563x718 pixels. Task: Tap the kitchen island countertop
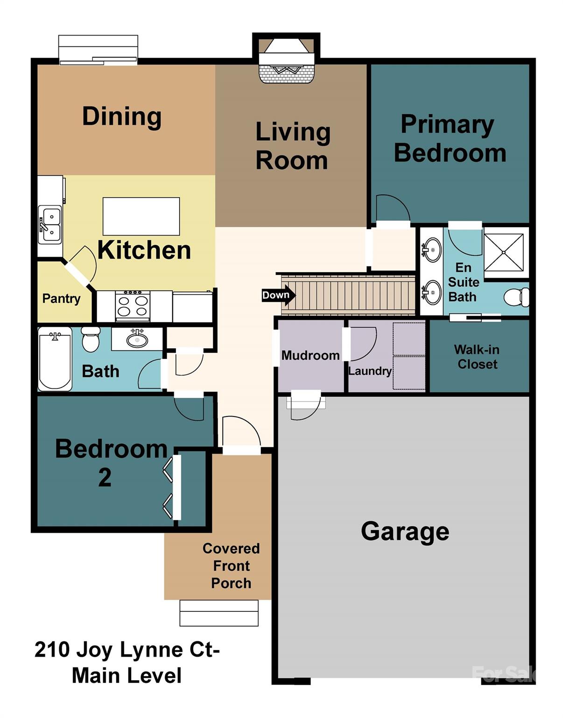141,216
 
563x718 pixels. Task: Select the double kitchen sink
50,224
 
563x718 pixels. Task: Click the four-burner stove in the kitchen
133,306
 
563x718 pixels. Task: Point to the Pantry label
61,299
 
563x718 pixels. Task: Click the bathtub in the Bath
55,359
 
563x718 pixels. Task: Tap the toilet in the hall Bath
91,339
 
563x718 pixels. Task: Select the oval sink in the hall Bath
137,339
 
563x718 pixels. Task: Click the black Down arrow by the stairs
278,295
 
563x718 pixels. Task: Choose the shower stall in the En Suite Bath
504,252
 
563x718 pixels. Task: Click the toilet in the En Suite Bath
516,297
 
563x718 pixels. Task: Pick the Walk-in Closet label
477,357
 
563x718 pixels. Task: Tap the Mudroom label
310,355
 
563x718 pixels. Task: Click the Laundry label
370,371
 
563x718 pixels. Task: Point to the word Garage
405,531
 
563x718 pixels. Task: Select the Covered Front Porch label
231,566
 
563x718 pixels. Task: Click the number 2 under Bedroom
105,478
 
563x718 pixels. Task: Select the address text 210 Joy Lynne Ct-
127,650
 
